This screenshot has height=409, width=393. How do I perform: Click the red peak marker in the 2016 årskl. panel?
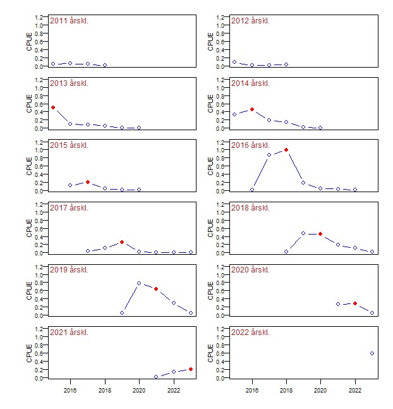pos(286,150)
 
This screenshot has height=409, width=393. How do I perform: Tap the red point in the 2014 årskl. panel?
pos(252,109)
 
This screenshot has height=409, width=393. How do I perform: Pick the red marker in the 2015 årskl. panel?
pos(88,182)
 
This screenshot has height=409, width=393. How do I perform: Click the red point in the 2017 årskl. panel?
pos(122,242)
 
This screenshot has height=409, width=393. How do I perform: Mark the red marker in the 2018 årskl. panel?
pos(320,234)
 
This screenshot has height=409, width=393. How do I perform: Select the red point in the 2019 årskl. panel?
pos(156,289)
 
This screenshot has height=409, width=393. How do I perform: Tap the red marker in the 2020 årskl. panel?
pos(355,303)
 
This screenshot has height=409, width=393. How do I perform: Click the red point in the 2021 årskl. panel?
pos(190,369)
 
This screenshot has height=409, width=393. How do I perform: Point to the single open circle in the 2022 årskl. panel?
pos(372,353)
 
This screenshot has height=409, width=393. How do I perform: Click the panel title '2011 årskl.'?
pos(69,21)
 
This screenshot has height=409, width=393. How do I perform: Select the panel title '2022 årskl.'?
pos(250,333)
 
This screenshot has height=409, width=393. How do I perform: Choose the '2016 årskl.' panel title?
pos(250,145)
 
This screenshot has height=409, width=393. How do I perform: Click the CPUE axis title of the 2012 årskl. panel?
pos(210,41)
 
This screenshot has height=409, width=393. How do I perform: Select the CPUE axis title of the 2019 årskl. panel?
pos(29,291)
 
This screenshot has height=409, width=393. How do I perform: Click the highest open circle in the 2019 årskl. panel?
pos(139,283)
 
